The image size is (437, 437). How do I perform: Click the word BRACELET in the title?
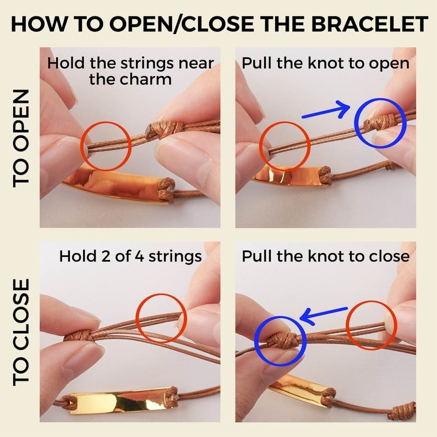(369, 24)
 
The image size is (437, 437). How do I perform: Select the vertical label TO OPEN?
(21, 138)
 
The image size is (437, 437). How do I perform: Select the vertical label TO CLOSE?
(21, 332)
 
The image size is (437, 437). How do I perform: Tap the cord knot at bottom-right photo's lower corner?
(404, 409)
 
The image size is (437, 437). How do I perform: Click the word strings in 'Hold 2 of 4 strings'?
(175, 257)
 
